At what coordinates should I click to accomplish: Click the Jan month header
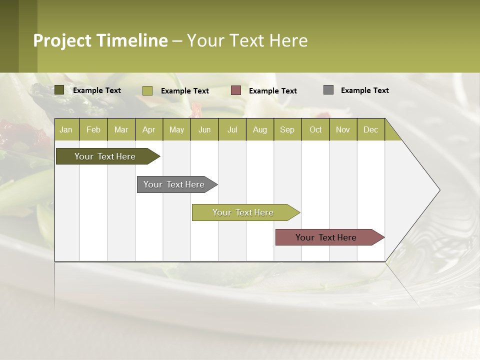pos(66,129)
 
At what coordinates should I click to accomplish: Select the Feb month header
pos(93,129)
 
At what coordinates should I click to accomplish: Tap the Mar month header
pos(121,129)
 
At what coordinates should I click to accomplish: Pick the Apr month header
pos(149,129)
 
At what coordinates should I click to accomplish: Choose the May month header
pos(176,129)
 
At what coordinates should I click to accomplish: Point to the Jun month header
pos(204,129)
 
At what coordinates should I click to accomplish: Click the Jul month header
pos(232,129)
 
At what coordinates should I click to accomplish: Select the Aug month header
pos(260,129)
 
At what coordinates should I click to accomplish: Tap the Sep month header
pos(287,129)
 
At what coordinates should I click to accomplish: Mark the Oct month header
pos(315,129)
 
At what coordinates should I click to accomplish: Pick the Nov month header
pos(343,129)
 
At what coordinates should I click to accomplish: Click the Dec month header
pos(371,129)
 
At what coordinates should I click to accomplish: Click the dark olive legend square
pos(59,90)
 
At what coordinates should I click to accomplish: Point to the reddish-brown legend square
pos(236,90)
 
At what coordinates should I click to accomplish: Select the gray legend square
pos(328,90)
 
